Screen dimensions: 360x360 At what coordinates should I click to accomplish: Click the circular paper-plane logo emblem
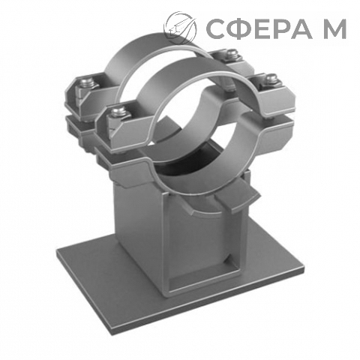[x=180, y=28]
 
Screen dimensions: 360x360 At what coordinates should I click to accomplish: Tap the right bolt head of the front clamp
[x=271, y=79]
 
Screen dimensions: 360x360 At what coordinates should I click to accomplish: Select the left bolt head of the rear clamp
[x=87, y=82]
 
